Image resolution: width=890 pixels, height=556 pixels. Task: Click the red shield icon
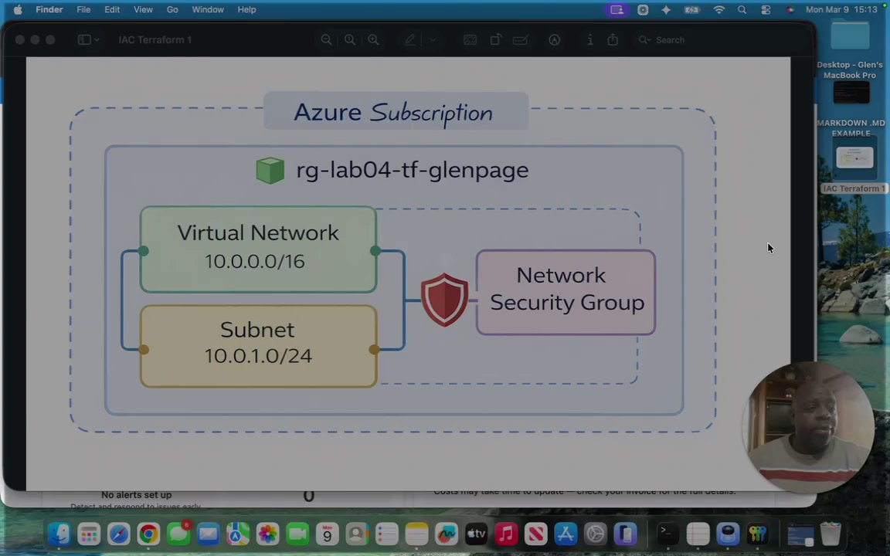coord(444,299)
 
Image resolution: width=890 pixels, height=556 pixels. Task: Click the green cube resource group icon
coord(270,170)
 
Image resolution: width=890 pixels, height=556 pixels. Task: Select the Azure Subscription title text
coord(392,113)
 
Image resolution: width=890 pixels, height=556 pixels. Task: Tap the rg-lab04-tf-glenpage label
coord(412,170)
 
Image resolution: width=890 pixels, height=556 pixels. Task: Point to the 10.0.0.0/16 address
coord(254,261)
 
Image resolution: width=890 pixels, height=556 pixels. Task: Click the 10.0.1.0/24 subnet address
coord(258,356)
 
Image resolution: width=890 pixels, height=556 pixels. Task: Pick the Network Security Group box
coord(566,292)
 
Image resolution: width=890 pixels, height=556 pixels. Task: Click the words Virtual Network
coord(257,232)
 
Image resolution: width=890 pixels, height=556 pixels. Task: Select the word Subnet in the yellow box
coord(256,330)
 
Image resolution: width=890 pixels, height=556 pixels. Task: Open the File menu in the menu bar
coord(83,9)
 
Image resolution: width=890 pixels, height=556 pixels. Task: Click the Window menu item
coord(208,9)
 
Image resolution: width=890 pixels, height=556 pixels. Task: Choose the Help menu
coord(246,9)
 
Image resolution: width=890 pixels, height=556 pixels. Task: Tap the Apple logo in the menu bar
coord(18,9)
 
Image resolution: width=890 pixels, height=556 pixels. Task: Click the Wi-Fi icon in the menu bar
coord(719,9)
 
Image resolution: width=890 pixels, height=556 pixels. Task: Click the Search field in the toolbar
coord(670,40)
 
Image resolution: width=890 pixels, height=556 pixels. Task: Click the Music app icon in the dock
coord(506,534)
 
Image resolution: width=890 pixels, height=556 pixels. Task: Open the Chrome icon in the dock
coord(148,534)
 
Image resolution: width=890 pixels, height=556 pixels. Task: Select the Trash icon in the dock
coord(831,534)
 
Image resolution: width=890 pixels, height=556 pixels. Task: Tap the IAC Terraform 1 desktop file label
coord(853,188)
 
